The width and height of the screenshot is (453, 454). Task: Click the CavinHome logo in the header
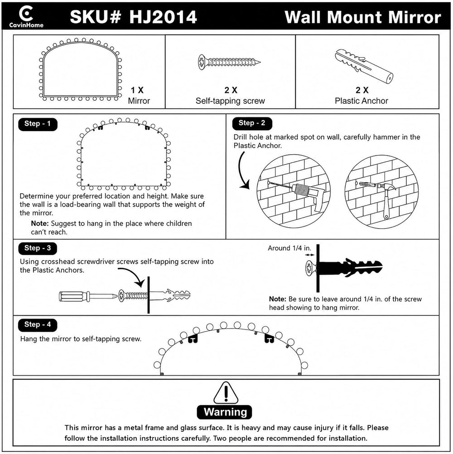26,17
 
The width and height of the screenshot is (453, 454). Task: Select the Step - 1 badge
38,124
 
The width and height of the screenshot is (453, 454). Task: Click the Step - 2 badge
252,123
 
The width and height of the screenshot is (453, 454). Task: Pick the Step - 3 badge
38,248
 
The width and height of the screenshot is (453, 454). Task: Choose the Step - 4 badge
38,325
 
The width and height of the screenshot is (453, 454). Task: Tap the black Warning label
225,412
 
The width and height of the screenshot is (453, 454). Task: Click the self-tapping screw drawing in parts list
229,62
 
